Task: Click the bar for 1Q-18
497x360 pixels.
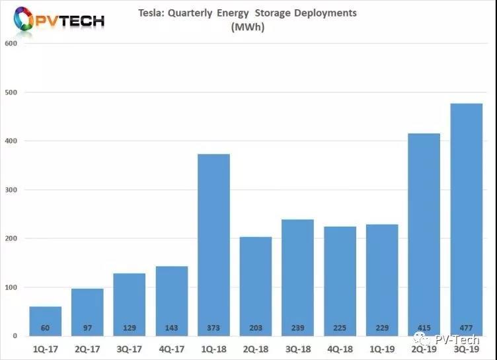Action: pos(213,244)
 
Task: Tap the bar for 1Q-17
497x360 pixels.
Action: pos(45,321)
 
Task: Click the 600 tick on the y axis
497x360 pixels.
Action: pos(10,44)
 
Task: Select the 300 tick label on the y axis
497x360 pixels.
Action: pos(10,190)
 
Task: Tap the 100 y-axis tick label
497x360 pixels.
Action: pos(10,287)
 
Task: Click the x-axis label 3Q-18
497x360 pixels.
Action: pos(298,348)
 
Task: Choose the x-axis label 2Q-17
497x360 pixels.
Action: pos(87,348)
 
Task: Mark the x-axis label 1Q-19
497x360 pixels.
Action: pos(382,348)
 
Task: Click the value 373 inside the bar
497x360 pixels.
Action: pos(213,328)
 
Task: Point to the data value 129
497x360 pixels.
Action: pos(130,328)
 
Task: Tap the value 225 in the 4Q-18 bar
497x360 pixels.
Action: pos(340,328)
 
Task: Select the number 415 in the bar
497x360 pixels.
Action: pos(424,328)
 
